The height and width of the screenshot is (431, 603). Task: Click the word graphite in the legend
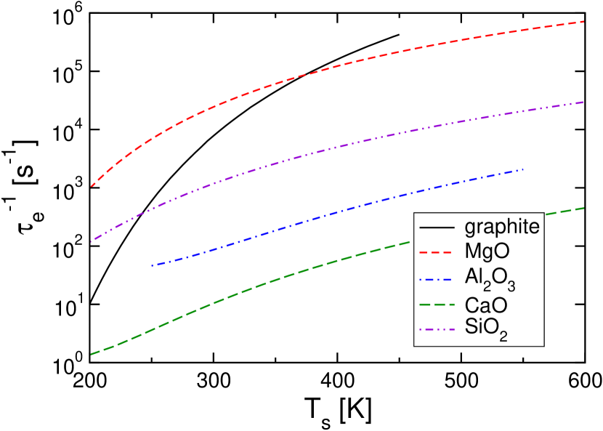pyautogui.click(x=502, y=227)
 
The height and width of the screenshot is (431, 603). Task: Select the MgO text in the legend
pyautogui.click(x=487, y=251)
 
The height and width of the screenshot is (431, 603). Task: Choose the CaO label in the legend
pyautogui.click(x=486, y=304)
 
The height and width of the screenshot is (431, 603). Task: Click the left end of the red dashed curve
pyautogui.click(x=92, y=186)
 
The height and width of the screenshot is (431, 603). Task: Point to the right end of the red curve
pyautogui.click(x=584, y=22)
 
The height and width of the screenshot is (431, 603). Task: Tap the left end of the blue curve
pyautogui.click(x=152, y=266)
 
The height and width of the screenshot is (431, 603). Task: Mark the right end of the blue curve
pyautogui.click(x=523, y=169)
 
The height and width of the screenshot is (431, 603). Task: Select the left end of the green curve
pyautogui.click(x=92, y=354)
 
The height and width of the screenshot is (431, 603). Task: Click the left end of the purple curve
pyautogui.click(x=92, y=241)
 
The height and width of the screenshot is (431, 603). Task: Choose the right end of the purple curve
pyautogui.click(x=584, y=102)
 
